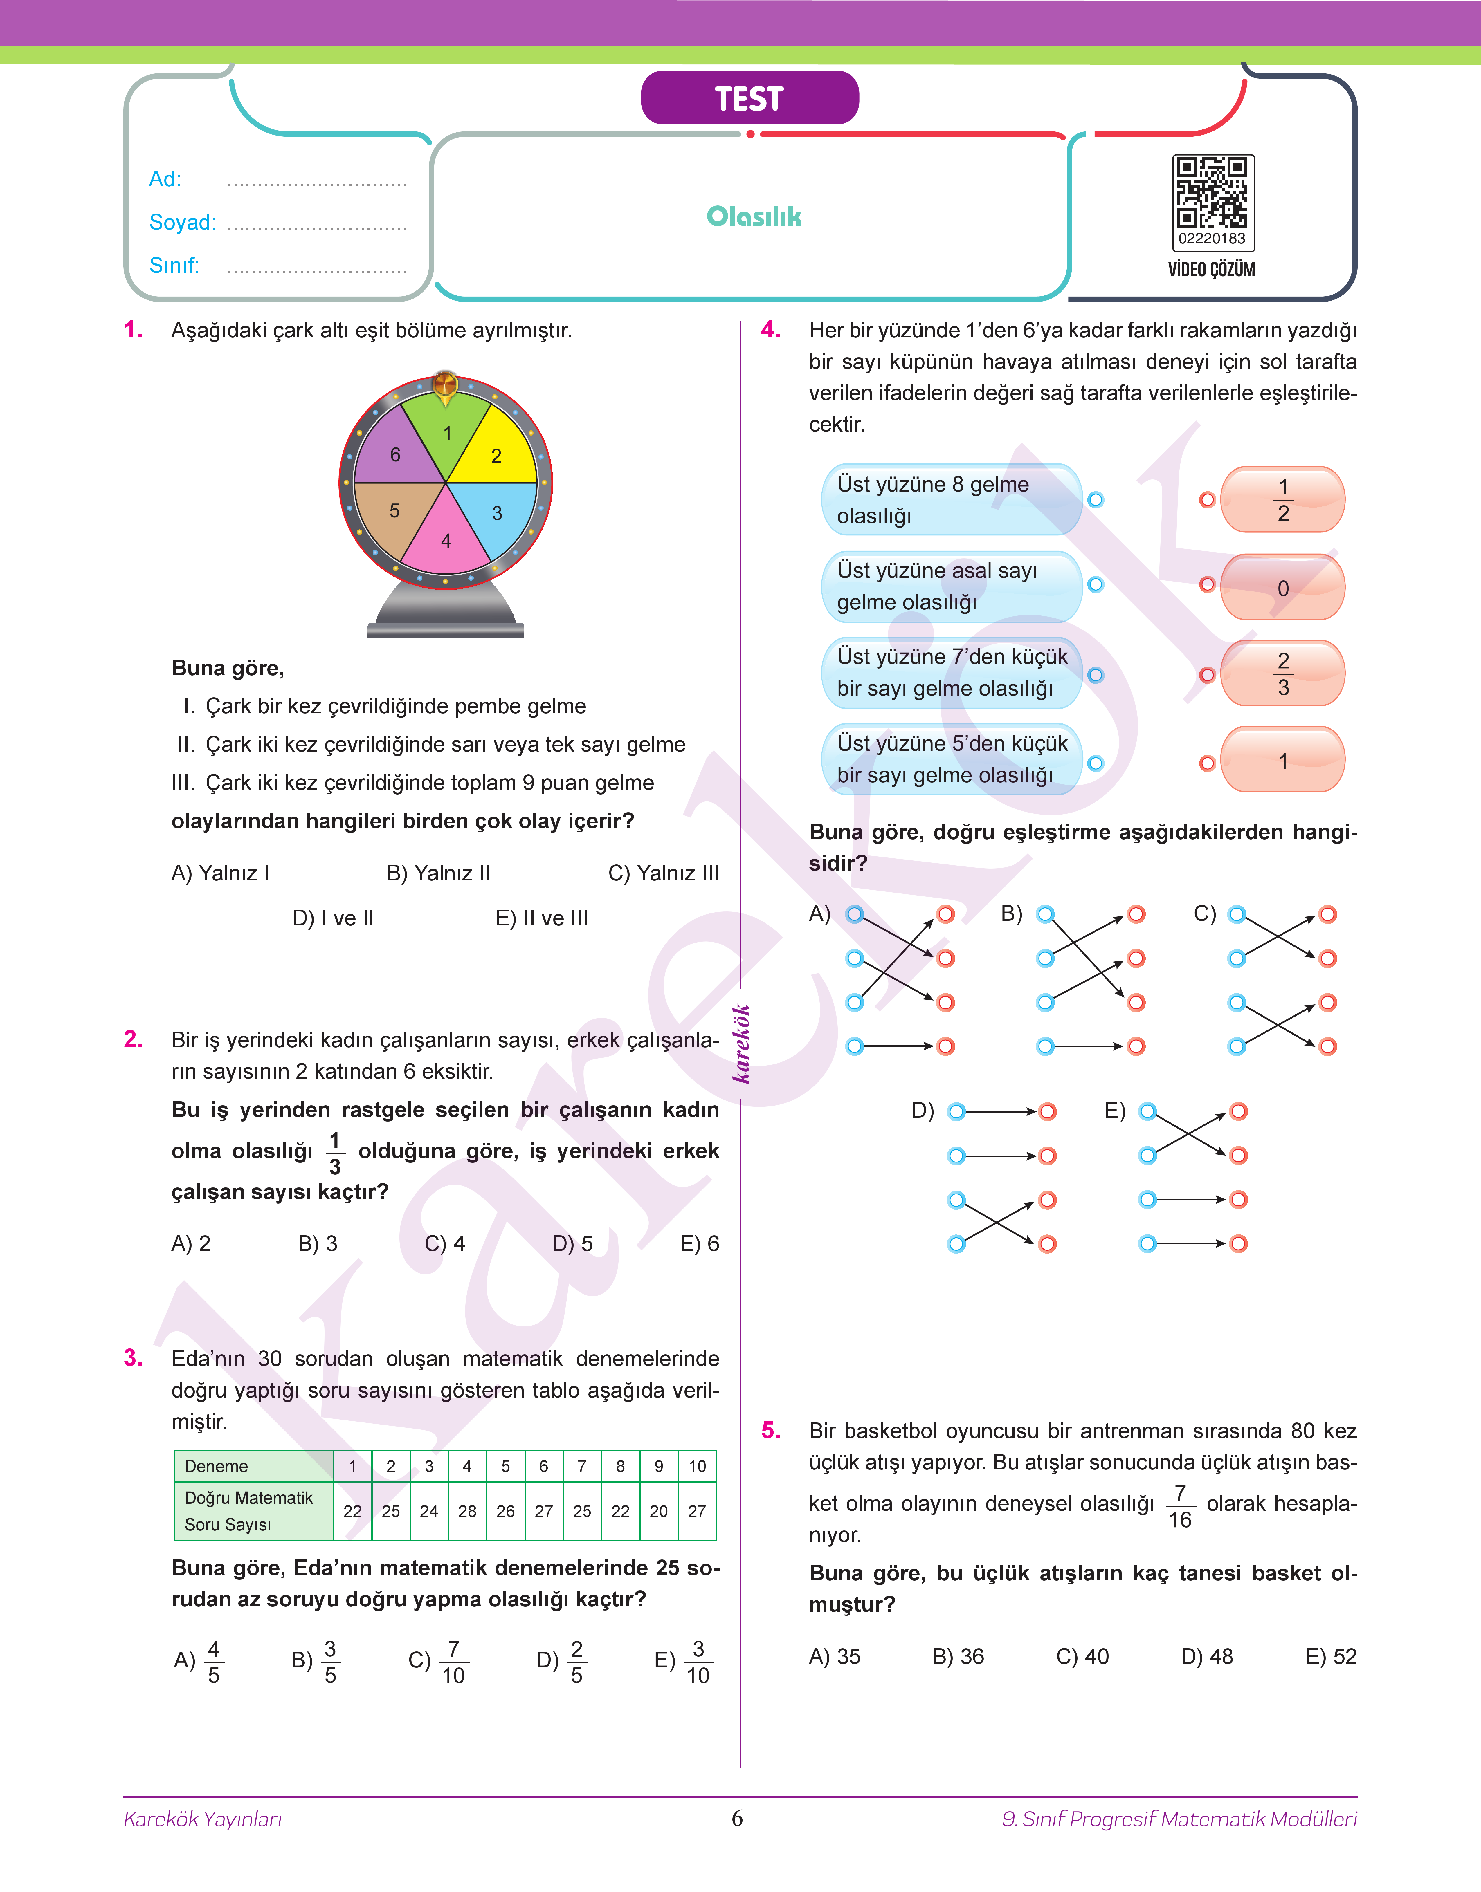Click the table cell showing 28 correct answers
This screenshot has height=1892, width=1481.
click(x=467, y=1511)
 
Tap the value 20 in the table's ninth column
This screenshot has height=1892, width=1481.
click(x=659, y=1511)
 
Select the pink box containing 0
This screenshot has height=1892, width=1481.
click(x=1282, y=588)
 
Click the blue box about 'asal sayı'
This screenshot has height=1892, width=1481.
click(x=951, y=587)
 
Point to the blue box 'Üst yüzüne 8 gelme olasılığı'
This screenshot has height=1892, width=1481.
click(x=951, y=500)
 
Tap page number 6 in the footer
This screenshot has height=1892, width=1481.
click(x=737, y=1818)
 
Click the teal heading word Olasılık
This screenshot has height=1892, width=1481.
click(x=754, y=217)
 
